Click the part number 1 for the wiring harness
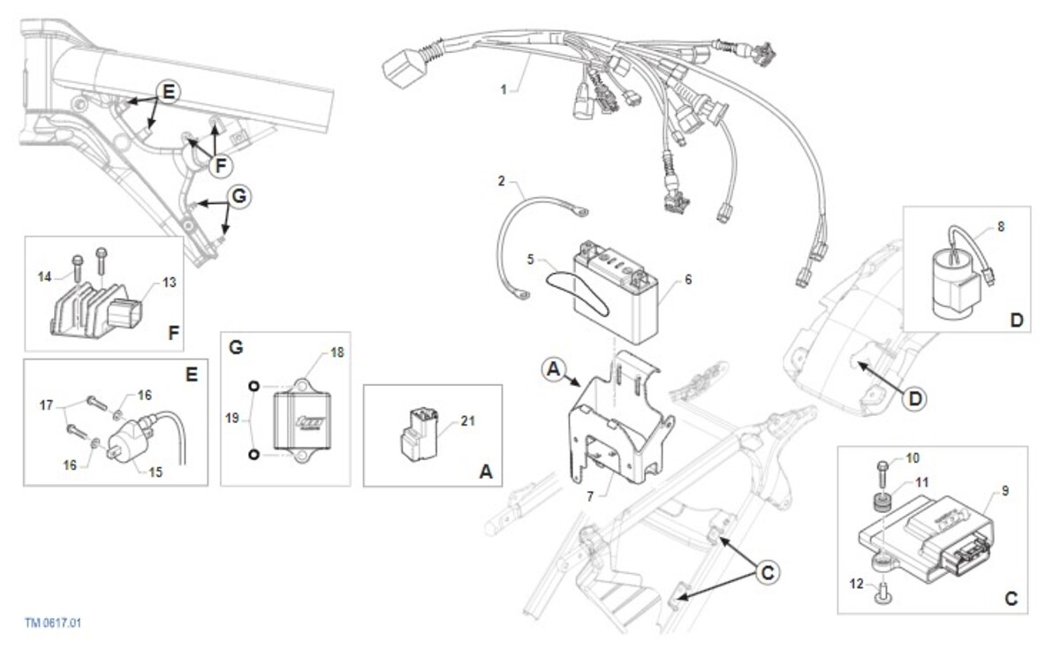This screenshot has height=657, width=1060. tap(504, 89)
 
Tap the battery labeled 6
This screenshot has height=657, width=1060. tap(615, 293)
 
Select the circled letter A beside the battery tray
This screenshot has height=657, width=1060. tap(554, 369)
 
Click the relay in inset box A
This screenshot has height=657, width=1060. tap(419, 434)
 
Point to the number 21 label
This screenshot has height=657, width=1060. tap(467, 420)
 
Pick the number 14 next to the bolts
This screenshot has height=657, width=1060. tap(44, 276)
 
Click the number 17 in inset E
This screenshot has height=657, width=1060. tap(46, 405)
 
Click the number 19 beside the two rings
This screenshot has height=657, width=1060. tap(231, 419)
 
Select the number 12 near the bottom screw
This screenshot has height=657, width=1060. tap(857, 585)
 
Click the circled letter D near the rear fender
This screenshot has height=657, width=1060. tap(914, 399)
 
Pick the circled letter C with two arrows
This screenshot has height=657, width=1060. tap(767, 573)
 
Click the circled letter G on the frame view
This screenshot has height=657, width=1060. tap(239, 196)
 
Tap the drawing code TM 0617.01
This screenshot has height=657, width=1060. tap(53, 623)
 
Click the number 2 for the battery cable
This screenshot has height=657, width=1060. tap(502, 181)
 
